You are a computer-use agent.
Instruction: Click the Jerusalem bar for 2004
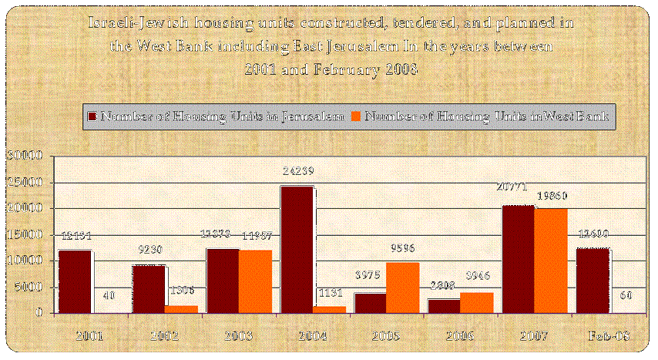click(x=297, y=249)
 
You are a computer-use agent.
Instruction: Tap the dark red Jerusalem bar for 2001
click(x=75, y=281)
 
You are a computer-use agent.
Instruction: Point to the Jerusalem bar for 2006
click(x=444, y=305)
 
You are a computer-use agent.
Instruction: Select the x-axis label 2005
click(x=384, y=338)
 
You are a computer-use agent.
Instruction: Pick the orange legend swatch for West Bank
click(x=356, y=116)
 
